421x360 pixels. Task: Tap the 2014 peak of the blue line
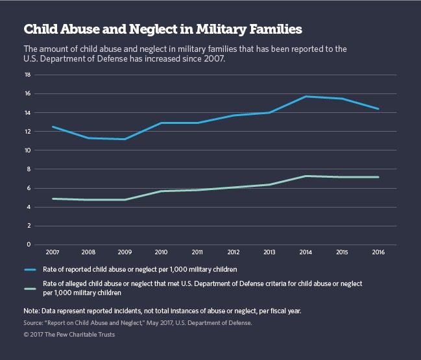pyautogui.click(x=306, y=97)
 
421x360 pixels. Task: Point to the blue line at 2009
pyautogui.click(x=125, y=139)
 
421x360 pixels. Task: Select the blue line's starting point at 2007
pyautogui.click(x=53, y=126)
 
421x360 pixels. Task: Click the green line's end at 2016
pyautogui.click(x=378, y=177)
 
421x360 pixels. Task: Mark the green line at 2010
pyautogui.click(x=161, y=191)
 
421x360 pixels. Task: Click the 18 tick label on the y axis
pyautogui.click(x=28, y=75)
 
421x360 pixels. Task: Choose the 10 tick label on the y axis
pyautogui.click(x=28, y=150)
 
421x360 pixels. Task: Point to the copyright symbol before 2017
pyautogui.click(x=27, y=335)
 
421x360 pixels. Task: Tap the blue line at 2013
pyautogui.click(x=269, y=113)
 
